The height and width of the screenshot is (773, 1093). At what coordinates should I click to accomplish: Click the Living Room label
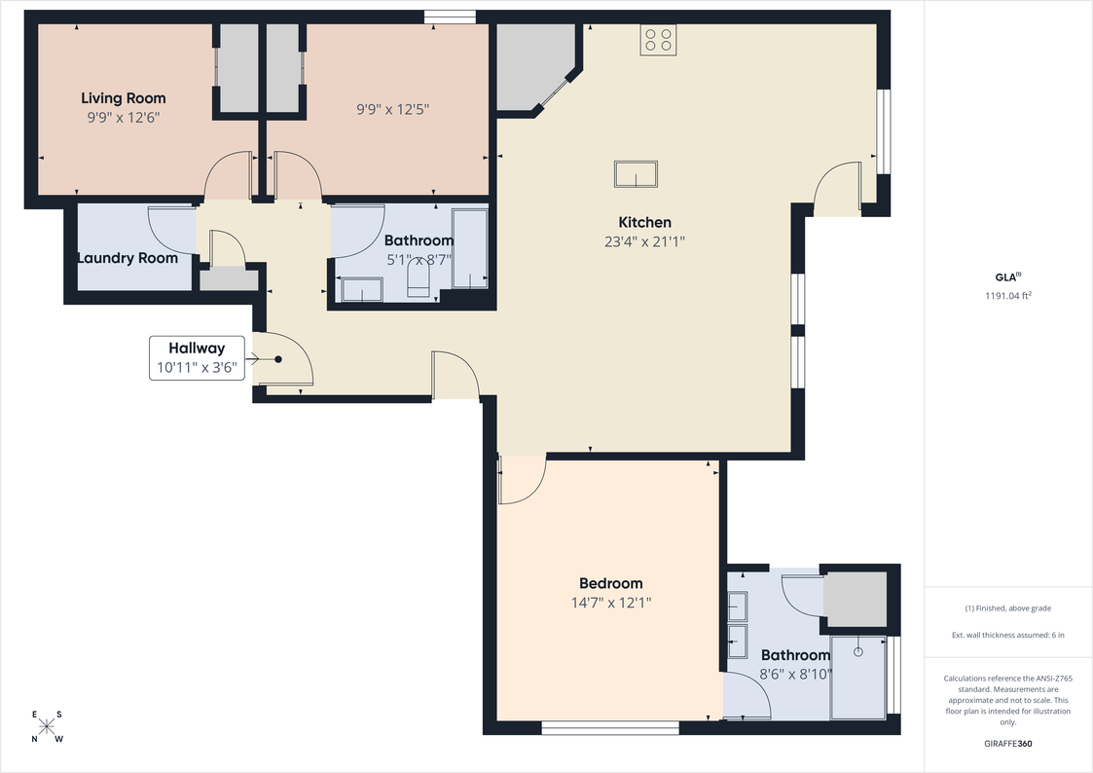click(124, 98)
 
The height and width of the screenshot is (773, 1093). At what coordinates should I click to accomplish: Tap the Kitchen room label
click(644, 222)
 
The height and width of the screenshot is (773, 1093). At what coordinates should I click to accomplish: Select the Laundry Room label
click(128, 258)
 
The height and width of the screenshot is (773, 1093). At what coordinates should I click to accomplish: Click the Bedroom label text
click(610, 583)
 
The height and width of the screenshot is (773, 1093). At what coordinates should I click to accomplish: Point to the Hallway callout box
click(198, 357)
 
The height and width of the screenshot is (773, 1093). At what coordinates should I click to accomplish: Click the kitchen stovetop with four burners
click(659, 39)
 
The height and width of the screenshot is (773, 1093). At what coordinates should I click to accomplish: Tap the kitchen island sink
click(636, 173)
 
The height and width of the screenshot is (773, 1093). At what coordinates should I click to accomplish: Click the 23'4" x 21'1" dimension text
click(644, 241)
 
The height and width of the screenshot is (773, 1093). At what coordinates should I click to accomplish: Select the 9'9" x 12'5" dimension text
click(392, 109)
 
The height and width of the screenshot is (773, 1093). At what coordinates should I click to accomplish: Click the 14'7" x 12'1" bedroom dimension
click(610, 603)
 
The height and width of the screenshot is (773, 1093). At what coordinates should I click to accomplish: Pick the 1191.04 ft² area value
click(1008, 296)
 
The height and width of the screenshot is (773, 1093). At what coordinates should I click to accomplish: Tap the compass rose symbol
click(47, 726)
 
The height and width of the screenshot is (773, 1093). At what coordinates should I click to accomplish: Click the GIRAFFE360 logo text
click(1008, 743)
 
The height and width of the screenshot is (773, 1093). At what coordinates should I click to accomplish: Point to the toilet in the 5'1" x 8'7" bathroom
click(419, 283)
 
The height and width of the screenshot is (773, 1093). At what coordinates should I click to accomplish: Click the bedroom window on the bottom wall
click(610, 727)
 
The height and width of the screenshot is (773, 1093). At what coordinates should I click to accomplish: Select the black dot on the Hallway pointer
click(278, 359)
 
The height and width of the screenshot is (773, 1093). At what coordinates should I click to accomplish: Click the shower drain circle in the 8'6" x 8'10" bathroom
click(858, 651)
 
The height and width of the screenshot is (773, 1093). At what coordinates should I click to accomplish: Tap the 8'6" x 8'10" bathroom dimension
click(795, 674)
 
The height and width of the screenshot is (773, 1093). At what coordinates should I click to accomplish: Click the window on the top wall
click(451, 17)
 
